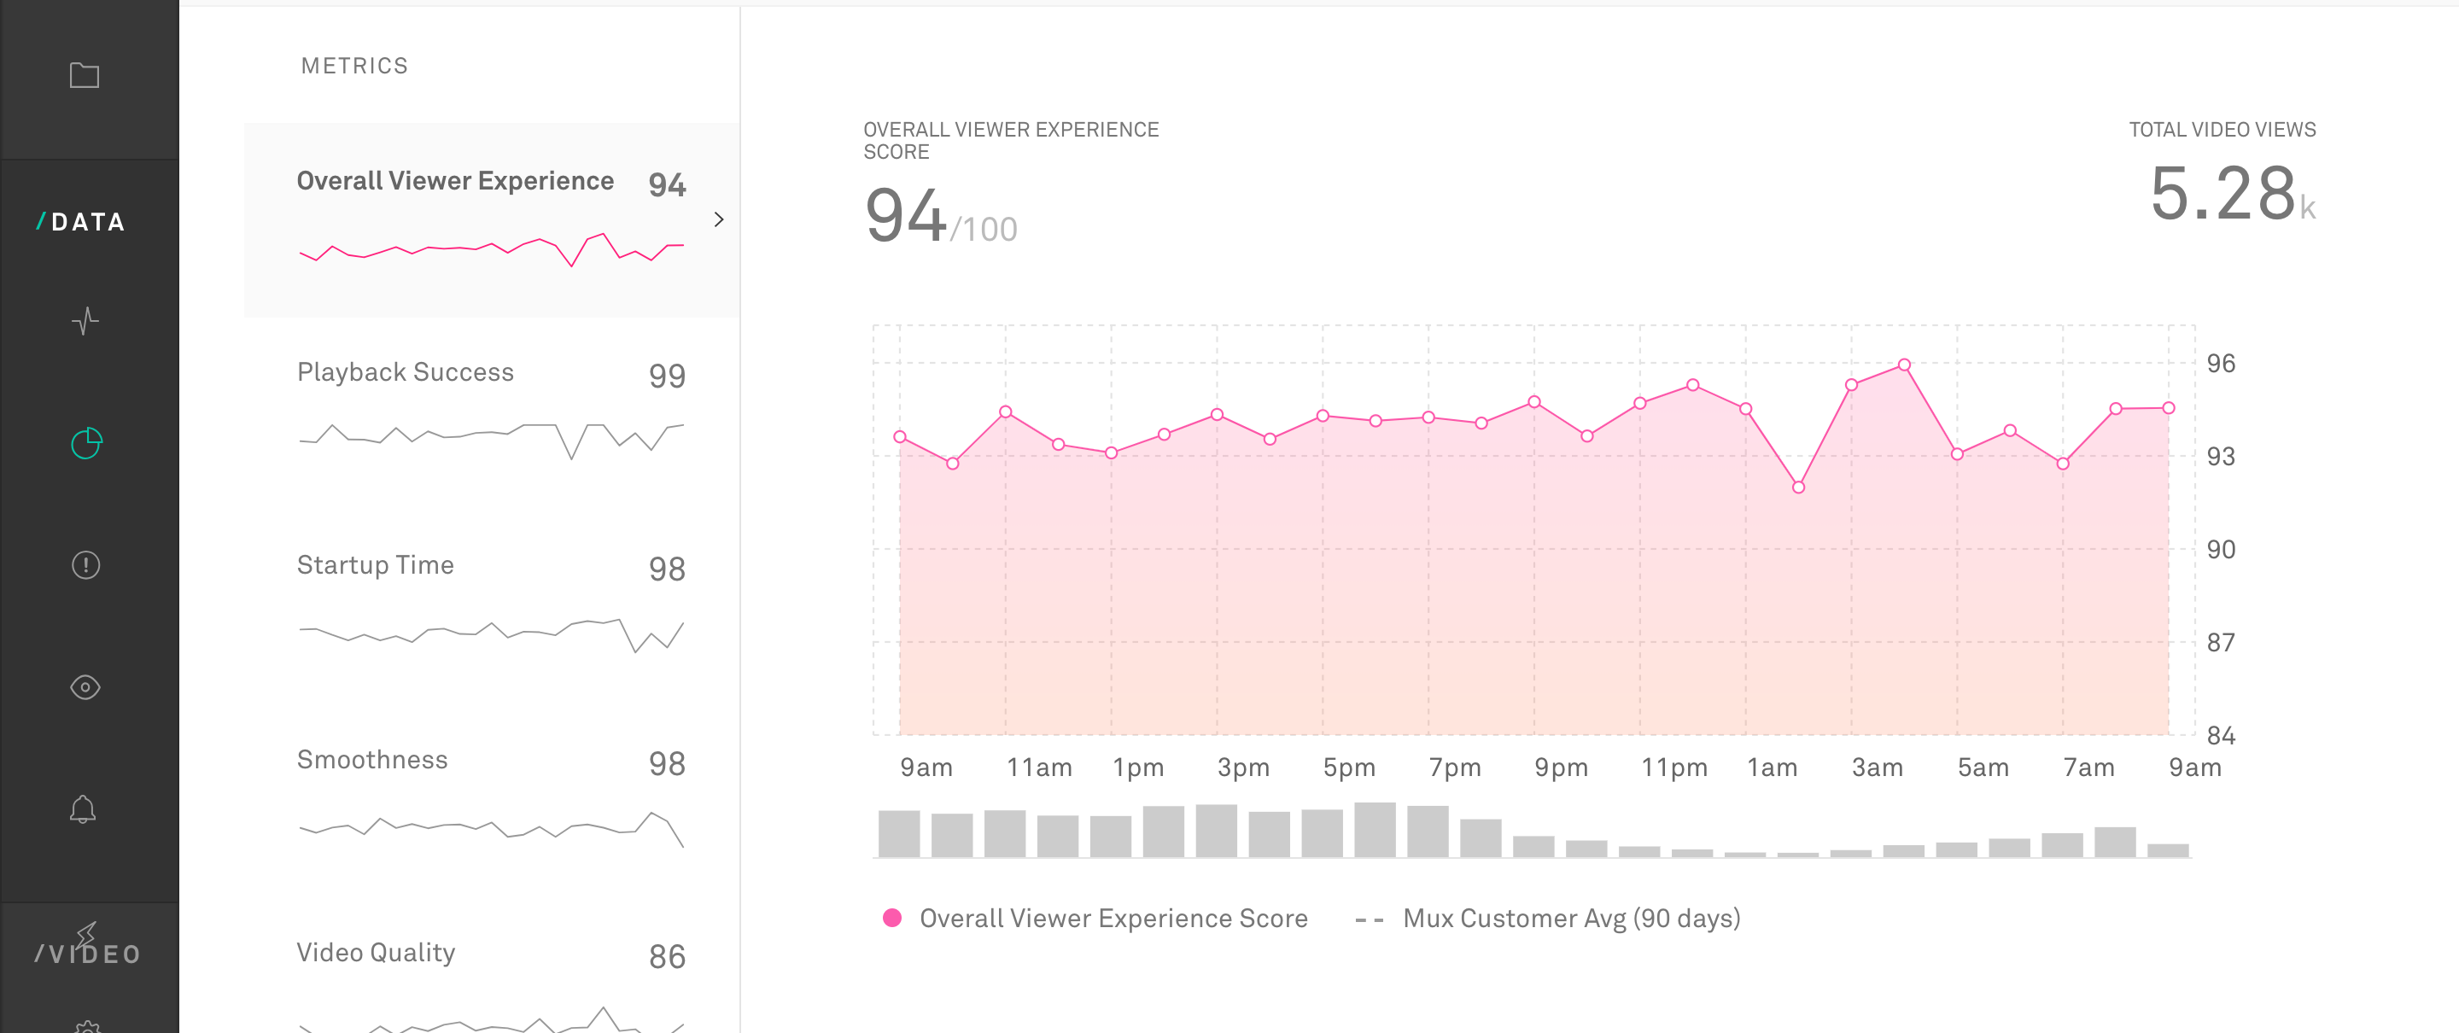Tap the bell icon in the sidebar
pos(83,808)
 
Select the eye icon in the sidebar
pos(85,687)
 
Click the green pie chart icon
pos(86,443)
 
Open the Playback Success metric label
pos(405,372)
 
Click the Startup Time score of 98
pos(666,569)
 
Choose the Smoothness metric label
pos(371,760)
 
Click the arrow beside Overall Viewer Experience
pos(719,219)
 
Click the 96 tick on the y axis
pos(2220,364)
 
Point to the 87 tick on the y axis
pos(2220,643)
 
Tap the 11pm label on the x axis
pos(1673,767)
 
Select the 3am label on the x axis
pos(1877,767)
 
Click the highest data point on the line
pos(1903,365)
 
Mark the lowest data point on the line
pos(1797,487)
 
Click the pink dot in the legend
pos(891,918)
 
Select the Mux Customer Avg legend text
pos(1570,919)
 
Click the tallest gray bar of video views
pos(1375,830)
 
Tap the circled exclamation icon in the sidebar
pos(85,565)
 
